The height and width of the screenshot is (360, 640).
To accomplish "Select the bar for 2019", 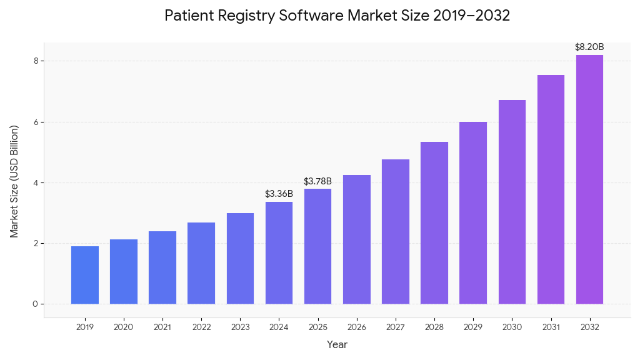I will pyautogui.click(x=85, y=275).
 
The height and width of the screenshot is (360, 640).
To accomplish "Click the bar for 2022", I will pyautogui.click(x=201, y=263).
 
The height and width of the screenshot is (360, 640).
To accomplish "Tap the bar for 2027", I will pyautogui.click(x=396, y=231).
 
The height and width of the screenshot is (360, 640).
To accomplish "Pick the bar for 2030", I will pyautogui.click(x=512, y=202).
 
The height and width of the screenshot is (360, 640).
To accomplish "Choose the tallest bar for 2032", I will pyautogui.click(x=589, y=179).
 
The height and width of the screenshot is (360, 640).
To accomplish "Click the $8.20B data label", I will pyautogui.click(x=589, y=47).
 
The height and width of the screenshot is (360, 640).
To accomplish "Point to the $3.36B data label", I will pyautogui.click(x=279, y=194).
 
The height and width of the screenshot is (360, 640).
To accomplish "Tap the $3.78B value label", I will pyautogui.click(x=317, y=181).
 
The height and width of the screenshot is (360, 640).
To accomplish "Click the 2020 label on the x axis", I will pyautogui.click(x=124, y=327).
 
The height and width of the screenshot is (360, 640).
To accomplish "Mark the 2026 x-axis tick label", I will pyautogui.click(x=357, y=327).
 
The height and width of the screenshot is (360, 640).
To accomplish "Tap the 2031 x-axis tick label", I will pyautogui.click(x=551, y=327).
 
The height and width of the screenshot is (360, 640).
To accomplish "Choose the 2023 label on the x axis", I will pyautogui.click(x=240, y=327).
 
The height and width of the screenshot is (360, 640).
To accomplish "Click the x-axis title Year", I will pyautogui.click(x=337, y=344).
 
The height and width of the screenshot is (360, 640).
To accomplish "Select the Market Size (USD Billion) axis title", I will pyautogui.click(x=14, y=181).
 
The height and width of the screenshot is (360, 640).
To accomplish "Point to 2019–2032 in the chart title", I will pyautogui.click(x=472, y=16).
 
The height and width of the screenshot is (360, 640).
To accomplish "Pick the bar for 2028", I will pyautogui.click(x=434, y=222).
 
